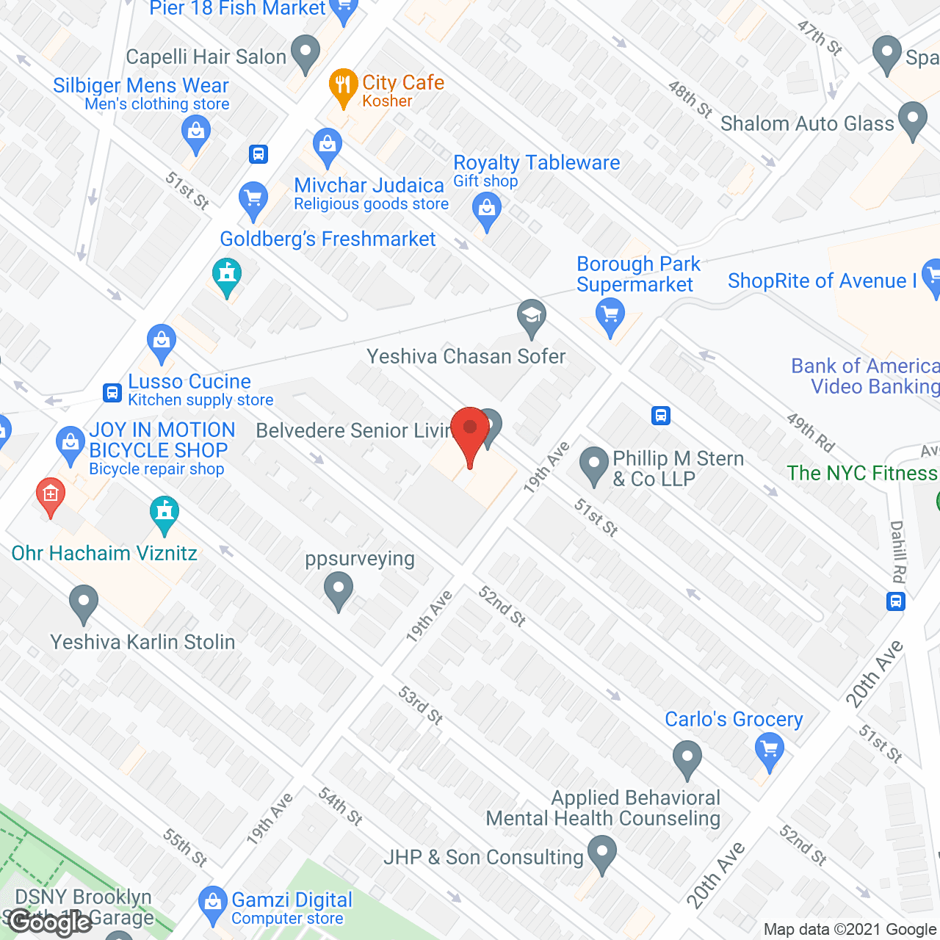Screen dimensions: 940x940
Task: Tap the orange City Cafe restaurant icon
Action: [x=343, y=86]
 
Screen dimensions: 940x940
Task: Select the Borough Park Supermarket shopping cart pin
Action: [x=610, y=317]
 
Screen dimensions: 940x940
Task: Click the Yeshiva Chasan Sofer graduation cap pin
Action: [x=532, y=317]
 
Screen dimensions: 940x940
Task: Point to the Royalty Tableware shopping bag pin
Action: [x=486, y=209]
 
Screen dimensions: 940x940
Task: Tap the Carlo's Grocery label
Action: [x=734, y=719]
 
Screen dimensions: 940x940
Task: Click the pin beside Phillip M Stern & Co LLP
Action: [x=594, y=466]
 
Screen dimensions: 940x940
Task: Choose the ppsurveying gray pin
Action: [x=339, y=590]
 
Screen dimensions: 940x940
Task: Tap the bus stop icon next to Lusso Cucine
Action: [x=112, y=393]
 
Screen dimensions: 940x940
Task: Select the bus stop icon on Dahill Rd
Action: [x=895, y=602]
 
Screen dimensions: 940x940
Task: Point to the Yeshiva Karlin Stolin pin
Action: [x=84, y=603]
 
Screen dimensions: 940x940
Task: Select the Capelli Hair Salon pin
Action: [x=305, y=53]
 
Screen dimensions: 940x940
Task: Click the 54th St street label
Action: [x=341, y=806]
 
